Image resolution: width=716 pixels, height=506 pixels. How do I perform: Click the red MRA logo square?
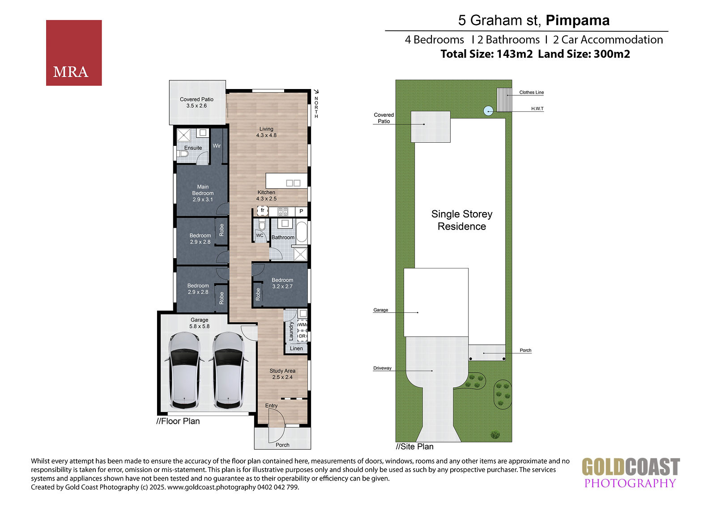coord(74,53)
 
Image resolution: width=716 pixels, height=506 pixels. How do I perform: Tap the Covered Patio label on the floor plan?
coord(196,102)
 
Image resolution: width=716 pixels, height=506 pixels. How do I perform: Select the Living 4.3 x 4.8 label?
coord(266,132)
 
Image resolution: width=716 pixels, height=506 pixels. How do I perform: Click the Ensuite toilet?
coord(183,154)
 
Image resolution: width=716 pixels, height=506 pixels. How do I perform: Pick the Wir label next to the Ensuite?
coord(217,146)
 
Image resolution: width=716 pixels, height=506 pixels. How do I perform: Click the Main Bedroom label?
coord(203,193)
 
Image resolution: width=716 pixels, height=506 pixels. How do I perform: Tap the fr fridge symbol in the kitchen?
coord(262,211)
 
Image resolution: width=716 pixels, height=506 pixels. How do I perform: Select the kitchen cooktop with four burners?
coord(282,212)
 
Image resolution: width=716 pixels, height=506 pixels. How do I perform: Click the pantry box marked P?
coord(301,211)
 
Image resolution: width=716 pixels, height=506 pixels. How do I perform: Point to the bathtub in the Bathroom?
coord(302,232)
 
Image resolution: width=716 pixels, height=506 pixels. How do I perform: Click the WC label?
coord(260,236)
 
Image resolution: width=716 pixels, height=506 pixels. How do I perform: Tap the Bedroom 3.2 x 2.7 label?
coord(282,283)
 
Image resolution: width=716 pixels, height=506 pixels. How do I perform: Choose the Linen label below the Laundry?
coord(296,349)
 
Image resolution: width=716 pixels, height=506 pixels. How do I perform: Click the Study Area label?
coord(282,374)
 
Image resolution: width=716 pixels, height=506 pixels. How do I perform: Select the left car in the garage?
coord(184,371)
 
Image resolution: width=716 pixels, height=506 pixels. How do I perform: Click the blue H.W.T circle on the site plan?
coord(488,111)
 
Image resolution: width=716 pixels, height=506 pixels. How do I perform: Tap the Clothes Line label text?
coord(531,92)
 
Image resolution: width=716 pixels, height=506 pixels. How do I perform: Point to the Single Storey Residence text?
coord(461,220)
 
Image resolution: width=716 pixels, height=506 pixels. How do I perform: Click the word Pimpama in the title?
coord(578,20)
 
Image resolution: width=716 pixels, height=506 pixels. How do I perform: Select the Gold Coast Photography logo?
coord(631,473)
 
